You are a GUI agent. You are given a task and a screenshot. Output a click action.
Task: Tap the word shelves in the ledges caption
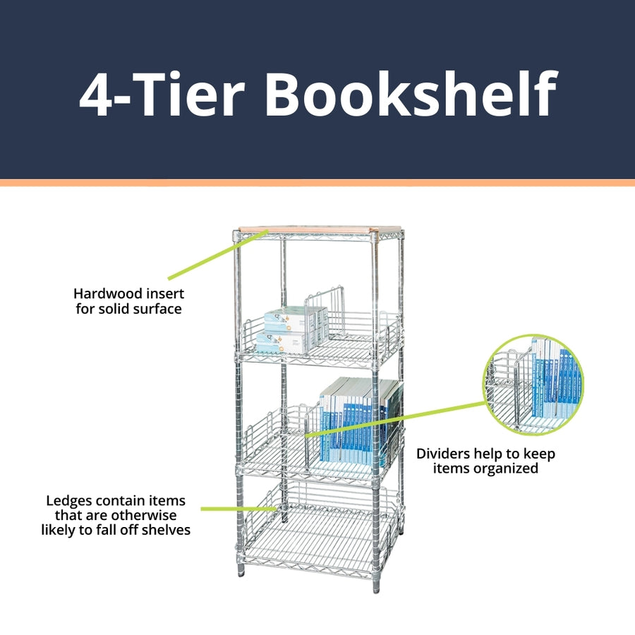167,529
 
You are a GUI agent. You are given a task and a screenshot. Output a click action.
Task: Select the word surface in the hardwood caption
155,308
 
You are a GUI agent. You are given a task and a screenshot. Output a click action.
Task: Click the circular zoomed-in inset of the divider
534,385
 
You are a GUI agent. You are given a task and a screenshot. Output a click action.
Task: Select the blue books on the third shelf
353,423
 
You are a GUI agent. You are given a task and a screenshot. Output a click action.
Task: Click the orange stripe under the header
317,183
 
